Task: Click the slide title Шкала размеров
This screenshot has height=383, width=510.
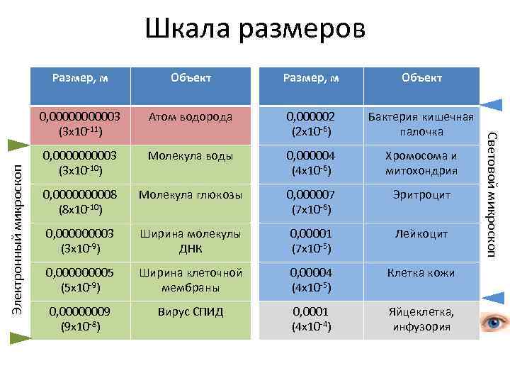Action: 255,30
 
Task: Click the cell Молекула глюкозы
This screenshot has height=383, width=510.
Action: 189,194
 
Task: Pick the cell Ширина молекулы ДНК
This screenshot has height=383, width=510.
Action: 189,240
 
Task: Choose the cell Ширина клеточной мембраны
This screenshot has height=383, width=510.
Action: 189,279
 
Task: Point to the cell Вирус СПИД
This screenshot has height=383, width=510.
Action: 189,311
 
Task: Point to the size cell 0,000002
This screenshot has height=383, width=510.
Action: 310,124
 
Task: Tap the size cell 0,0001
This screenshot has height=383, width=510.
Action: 310,318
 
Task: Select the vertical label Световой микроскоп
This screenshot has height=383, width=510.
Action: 493,193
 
